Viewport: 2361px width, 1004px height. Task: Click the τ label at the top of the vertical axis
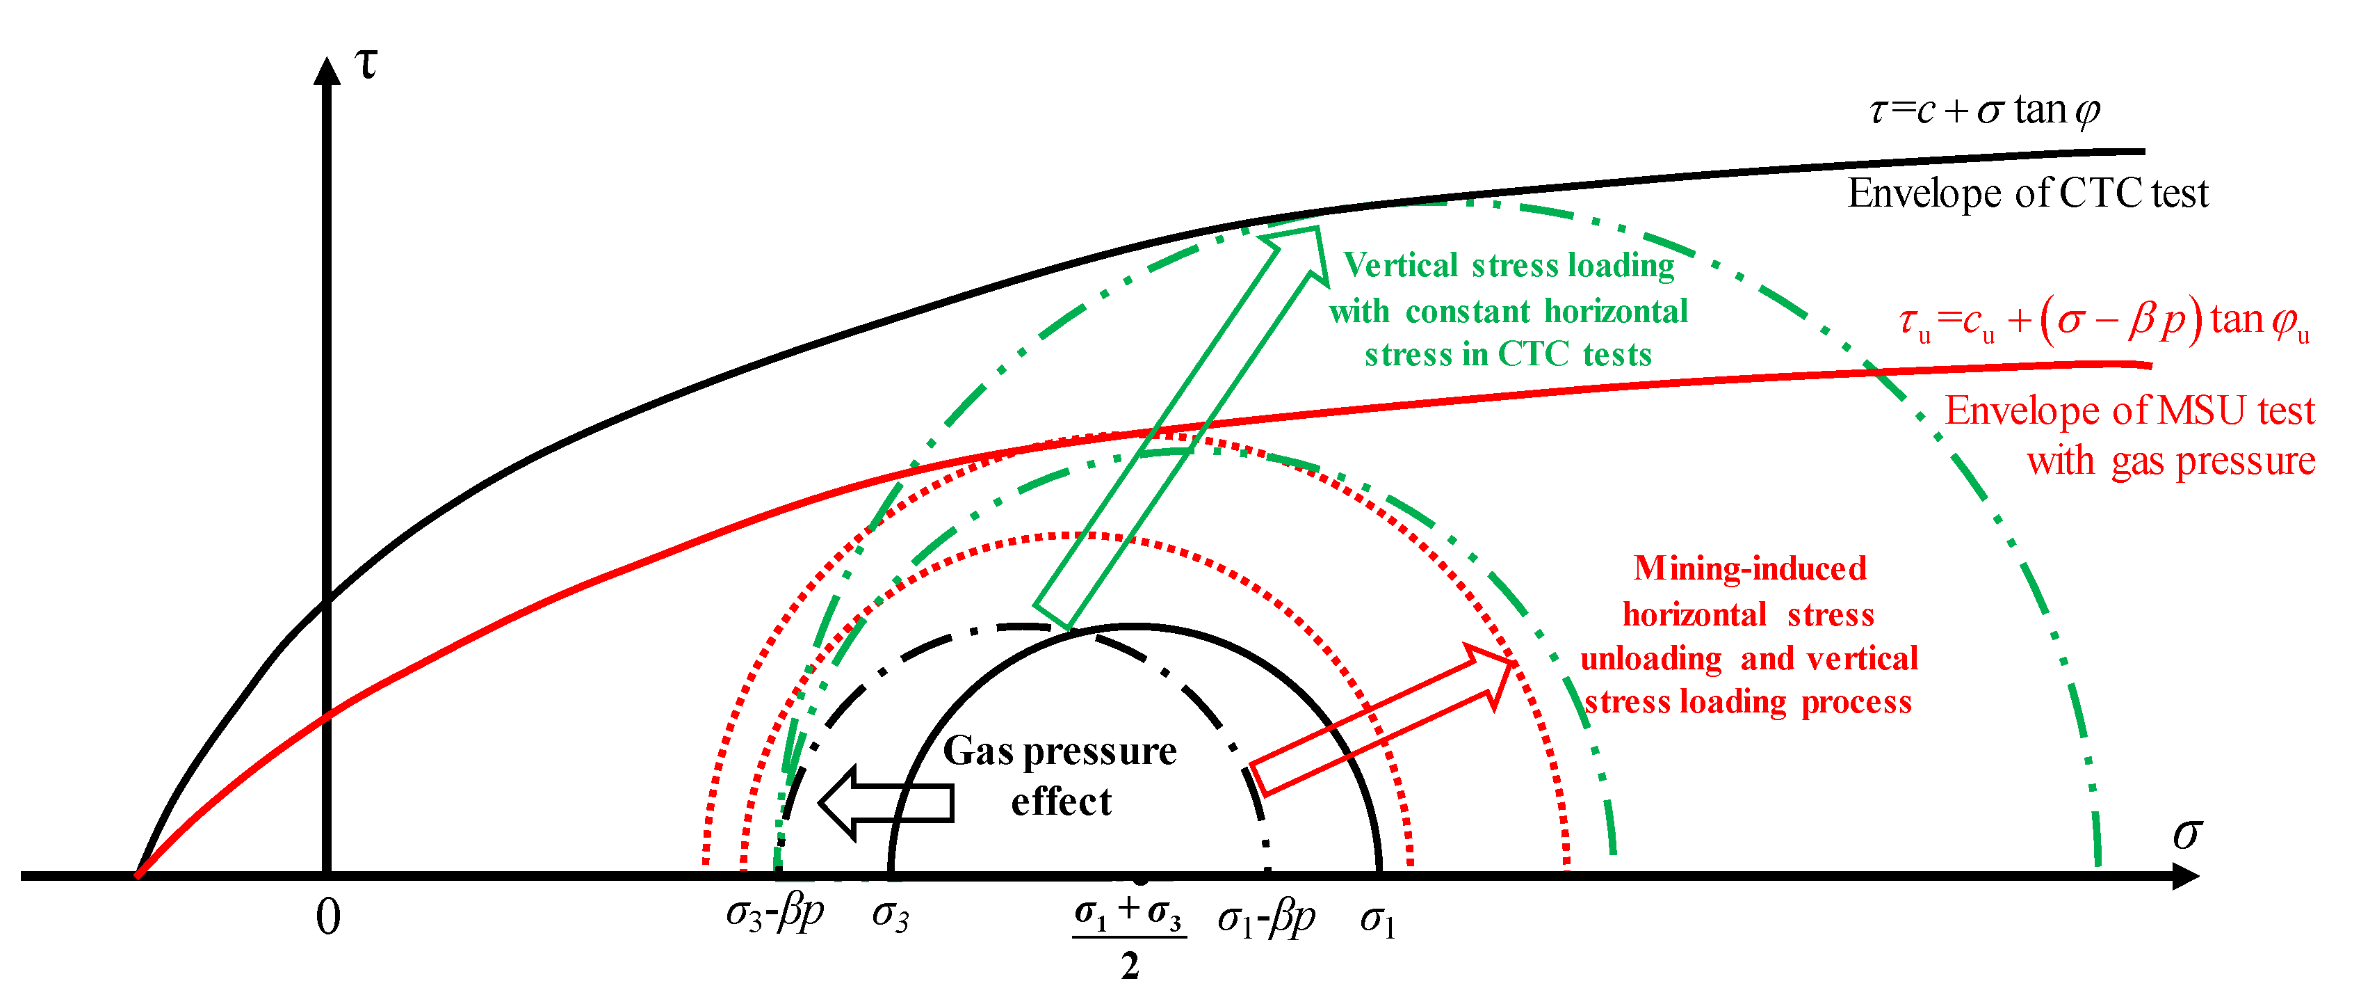(x=366, y=64)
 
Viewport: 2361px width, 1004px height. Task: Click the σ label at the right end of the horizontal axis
(x=2187, y=834)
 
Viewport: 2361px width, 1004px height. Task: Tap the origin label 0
(x=327, y=917)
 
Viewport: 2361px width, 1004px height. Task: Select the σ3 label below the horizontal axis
(x=890, y=914)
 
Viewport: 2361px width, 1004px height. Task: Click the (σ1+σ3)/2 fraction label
(x=1129, y=935)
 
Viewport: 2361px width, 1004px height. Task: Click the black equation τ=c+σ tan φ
(x=1984, y=111)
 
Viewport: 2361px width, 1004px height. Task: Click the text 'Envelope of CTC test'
(x=2027, y=193)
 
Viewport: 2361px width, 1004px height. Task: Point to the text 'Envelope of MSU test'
(x=2129, y=411)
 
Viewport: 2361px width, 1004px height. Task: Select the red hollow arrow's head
(x=1492, y=669)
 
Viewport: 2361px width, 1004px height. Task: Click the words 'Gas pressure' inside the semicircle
(x=1060, y=751)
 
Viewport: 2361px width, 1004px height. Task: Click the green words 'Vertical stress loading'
(x=1509, y=266)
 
